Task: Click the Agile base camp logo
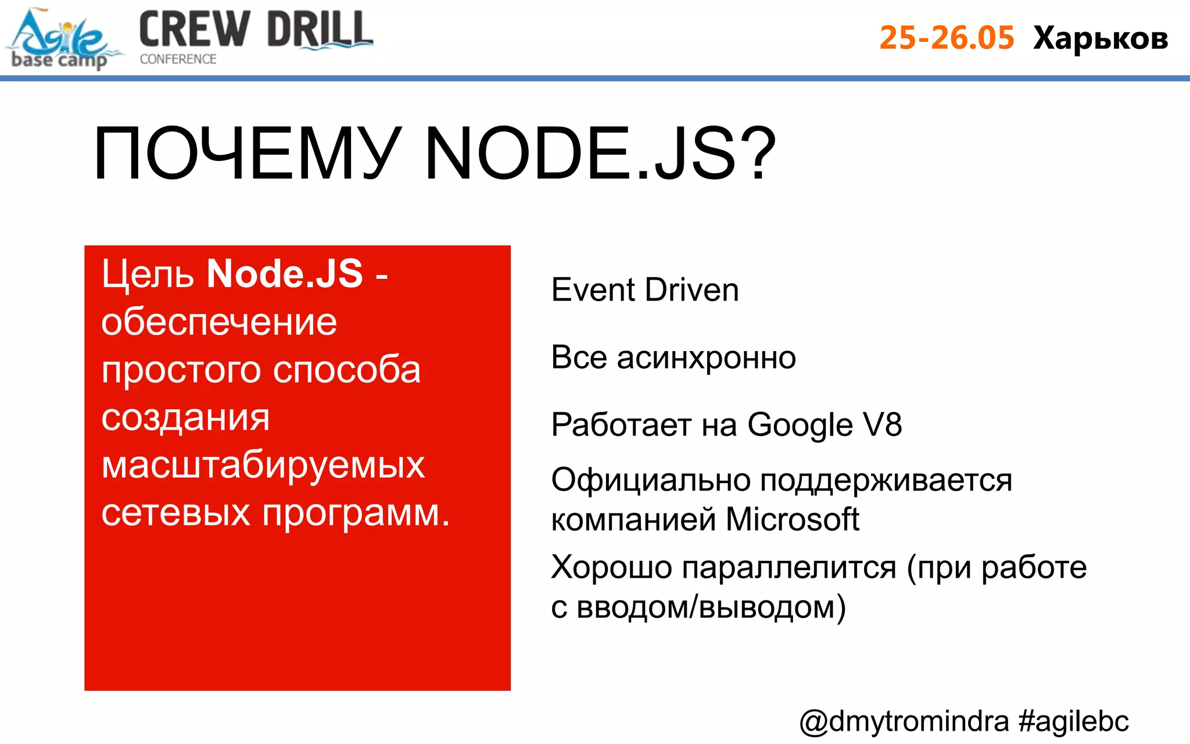(61, 40)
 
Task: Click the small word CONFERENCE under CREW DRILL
(178, 59)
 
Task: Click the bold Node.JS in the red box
(285, 273)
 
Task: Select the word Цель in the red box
(148, 273)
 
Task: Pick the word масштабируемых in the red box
(263, 465)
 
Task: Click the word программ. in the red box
(356, 513)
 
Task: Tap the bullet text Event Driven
(645, 289)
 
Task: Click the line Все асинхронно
(673, 357)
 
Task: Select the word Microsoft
(792, 518)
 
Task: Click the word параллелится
(789, 567)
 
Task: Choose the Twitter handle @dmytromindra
(904, 721)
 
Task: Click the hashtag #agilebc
(1073, 721)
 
